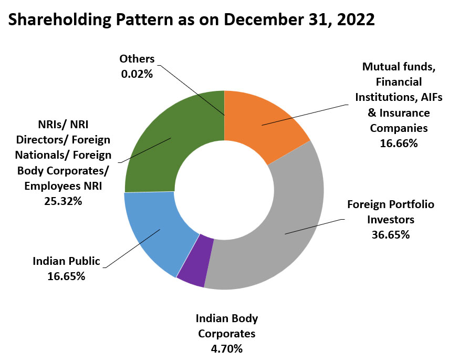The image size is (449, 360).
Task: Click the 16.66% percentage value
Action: point(399,142)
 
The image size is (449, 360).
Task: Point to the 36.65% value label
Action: point(391,234)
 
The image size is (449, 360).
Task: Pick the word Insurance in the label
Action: point(405,112)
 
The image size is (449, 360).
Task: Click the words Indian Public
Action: point(66,261)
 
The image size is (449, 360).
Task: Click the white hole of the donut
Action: point(224,189)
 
